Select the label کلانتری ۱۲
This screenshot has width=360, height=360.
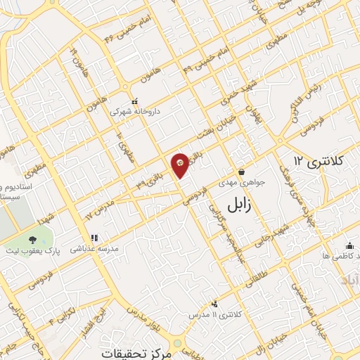319,162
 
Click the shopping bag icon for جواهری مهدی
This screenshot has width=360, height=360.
242,171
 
